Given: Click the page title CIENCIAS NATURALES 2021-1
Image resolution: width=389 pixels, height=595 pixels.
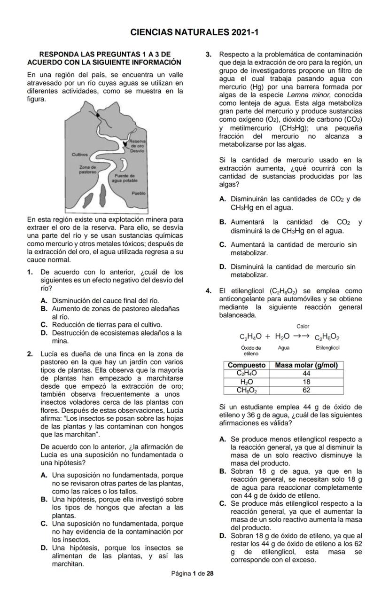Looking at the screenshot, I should click(x=194, y=32).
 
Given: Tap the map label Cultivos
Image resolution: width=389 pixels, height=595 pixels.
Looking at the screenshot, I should click(x=80, y=154).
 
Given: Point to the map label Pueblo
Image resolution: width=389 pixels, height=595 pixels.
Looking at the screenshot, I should click(x=139, y=193).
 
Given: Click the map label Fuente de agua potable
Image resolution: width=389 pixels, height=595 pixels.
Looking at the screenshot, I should click(x=124, y=178).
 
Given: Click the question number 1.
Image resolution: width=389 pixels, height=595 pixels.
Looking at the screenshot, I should click(x=30, y=272).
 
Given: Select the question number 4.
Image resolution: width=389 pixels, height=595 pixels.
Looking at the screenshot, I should click(x=209, y=291).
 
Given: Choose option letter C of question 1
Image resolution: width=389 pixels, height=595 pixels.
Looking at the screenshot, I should click(x=44, y=325).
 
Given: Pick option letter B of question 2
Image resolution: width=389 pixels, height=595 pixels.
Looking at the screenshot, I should click(x=44, y=499).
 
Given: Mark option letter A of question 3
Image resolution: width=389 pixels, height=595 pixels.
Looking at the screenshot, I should click(x=223, y=199).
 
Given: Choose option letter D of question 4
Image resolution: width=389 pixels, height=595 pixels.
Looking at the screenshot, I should click(x=223, y=536).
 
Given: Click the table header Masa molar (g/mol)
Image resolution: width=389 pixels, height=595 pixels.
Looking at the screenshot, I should click(x=306, y=365).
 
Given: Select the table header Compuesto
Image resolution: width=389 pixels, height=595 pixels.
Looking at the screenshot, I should click(x=247, y=365).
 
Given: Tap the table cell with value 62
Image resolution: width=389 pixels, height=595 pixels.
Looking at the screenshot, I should click(x=306, y=390).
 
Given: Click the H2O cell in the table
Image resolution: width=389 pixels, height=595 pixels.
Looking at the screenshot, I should click(x=247, y=382).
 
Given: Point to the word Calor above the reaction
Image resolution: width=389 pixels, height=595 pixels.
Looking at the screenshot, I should click(x=303, y=326).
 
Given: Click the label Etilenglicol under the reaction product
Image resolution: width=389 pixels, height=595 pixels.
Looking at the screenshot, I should click(x=327, y=348).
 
